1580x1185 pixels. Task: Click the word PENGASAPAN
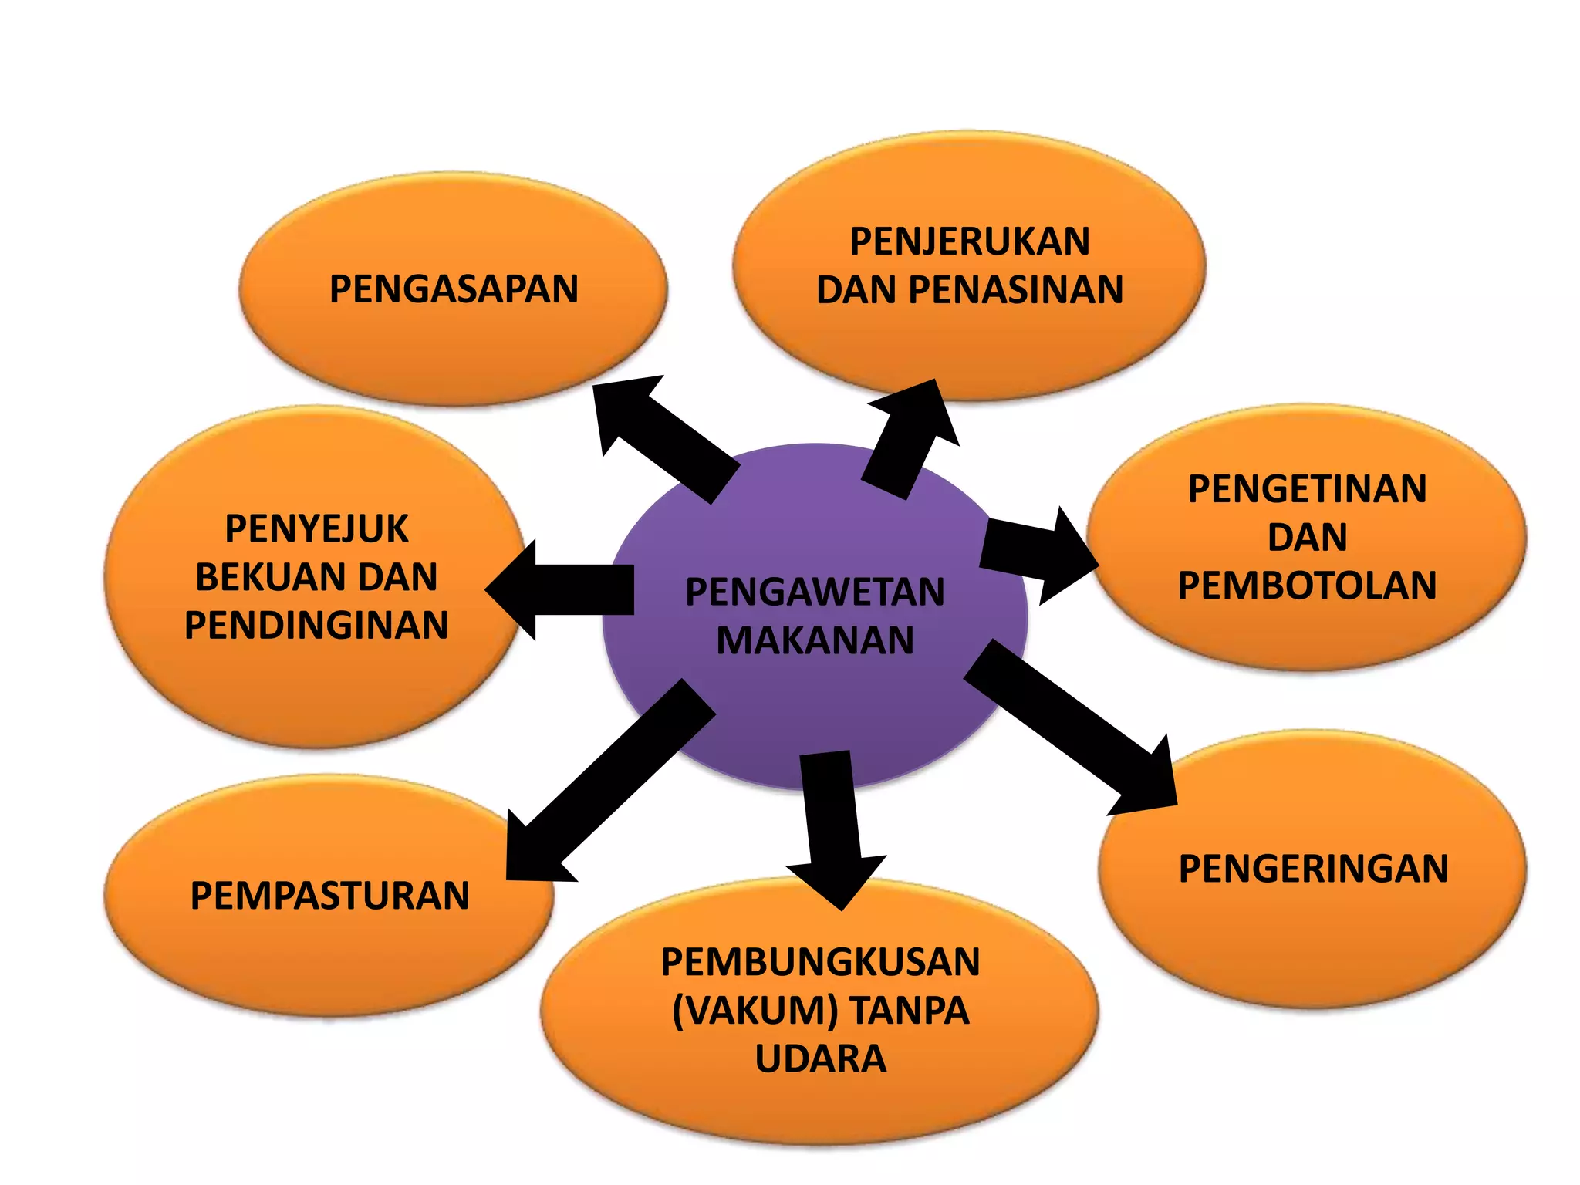[454, 289]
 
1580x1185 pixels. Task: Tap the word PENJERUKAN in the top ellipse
[970, 241]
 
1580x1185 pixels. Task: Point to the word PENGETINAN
[1307, 489]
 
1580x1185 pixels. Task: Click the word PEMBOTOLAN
[1307, 586]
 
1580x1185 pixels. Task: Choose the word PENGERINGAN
[1313, 869]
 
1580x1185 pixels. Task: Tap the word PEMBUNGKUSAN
[820, 962]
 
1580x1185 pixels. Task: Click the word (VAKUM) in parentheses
[755, 1011]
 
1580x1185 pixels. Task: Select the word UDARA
[820, 1058]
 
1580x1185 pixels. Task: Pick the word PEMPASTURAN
[329, 896]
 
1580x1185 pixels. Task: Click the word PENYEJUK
[316, 529]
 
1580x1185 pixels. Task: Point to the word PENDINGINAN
[316, 625]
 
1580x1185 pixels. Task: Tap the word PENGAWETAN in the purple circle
[815, 592]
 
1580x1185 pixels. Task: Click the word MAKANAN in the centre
[815, 640]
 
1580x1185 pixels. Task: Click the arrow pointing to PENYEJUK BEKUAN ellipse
[563, 590]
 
